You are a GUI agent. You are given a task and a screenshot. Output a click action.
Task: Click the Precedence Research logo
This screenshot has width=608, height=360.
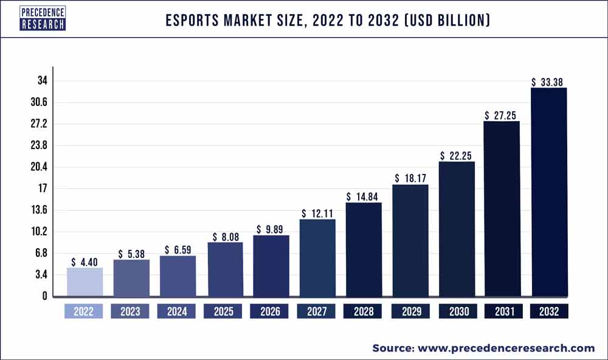coord(43,18)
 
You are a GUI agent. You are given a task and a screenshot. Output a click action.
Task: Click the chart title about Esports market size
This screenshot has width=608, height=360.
coord(328,21)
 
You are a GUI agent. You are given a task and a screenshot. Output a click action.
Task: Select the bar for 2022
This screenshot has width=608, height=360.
coord(85,282)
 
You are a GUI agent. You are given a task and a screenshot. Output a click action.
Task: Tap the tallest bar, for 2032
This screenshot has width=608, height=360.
coord(549,192)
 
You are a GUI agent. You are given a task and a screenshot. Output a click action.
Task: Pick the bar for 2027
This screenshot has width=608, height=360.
coord(317,258)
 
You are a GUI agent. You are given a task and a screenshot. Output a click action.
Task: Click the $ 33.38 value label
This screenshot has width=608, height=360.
coord(549,82)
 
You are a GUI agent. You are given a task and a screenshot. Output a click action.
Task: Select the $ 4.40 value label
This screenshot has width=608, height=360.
coord(85,262)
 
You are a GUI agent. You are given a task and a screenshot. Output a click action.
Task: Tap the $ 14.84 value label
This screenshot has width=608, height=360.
coord(364,196)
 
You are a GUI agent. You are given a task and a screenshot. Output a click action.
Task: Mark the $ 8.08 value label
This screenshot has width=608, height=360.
coord(225,237)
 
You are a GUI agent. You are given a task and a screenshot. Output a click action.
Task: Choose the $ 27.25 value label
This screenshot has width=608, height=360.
coord(502,115)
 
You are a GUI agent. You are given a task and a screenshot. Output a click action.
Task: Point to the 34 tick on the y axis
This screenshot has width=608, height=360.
coord(42,81)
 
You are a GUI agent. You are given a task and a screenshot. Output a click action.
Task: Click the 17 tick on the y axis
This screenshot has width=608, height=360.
coord(43,189)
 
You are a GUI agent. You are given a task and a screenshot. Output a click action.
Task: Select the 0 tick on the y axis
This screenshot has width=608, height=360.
coord(44,296)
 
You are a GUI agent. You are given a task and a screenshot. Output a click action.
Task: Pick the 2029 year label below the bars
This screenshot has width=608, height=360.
coord(410,311)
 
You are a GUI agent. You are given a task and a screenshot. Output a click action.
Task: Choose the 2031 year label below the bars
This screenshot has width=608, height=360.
coord(503,311)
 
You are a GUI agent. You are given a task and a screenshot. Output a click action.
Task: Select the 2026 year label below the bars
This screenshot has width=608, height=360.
coord(270,311)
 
